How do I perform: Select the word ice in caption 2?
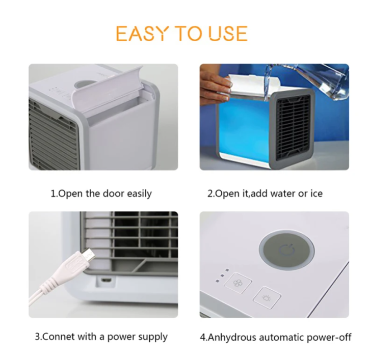pos(315,193)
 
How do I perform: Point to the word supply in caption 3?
pos(153,337)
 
